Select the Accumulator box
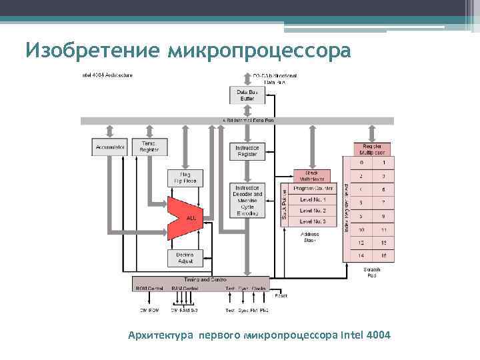click(109, 147)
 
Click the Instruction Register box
click(247, 151)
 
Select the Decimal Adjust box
click(185, 258)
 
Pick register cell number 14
click(361, 255)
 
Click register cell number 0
click(361, 162)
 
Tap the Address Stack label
click(310, 237)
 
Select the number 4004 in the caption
click(377, 333)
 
